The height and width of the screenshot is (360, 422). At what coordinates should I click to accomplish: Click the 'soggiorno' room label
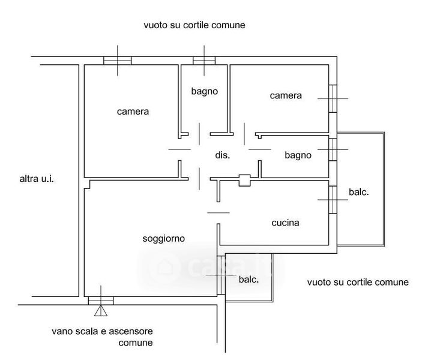click(163, 238)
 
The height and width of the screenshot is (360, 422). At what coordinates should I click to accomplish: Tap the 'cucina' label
click(285, 223)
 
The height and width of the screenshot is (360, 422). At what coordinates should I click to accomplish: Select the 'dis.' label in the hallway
click(223, 155)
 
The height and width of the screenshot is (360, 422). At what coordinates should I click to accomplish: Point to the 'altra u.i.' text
click(37, 178)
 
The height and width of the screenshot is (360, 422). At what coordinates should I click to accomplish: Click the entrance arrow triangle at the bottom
click(100, 310)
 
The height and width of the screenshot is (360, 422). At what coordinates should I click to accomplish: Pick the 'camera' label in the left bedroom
click(133, 111)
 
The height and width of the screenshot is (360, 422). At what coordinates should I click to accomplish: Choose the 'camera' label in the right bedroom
click(285, 95)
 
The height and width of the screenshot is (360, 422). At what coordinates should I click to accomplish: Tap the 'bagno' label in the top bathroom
click(204, 91)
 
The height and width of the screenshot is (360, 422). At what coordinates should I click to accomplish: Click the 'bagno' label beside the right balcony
click(298, 155)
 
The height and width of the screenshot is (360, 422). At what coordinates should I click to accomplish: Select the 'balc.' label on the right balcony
click(358, 193)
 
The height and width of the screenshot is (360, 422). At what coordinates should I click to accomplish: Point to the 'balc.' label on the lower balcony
click(249, 280)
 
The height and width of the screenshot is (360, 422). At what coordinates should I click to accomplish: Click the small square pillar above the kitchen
click(244, 179)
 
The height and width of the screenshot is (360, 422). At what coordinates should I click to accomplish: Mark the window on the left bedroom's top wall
click(117, 60)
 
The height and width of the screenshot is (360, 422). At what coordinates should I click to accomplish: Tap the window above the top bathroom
click(204, 60)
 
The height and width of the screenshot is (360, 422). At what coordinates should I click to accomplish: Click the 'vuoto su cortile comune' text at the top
click(194, 26)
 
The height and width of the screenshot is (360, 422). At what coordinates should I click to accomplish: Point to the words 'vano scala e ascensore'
click(102, 331)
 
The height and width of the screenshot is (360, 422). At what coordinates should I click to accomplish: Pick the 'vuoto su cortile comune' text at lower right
click(357, 282)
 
